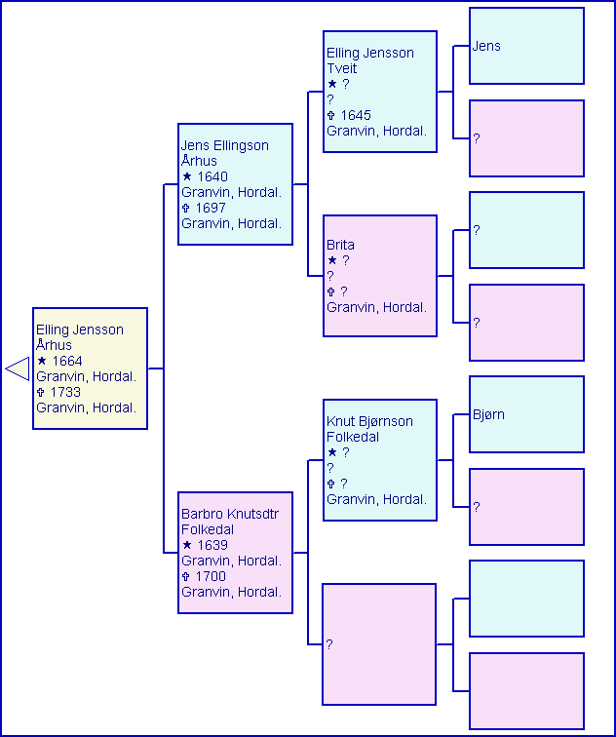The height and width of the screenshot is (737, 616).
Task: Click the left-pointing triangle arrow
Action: tap(18, 368)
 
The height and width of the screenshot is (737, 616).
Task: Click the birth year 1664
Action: tap(67, 362)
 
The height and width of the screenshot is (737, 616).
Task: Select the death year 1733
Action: tap(67, 393)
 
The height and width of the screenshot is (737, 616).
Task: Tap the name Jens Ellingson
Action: tap(224, 145)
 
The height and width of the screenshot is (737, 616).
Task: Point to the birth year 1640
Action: tap(212, 177)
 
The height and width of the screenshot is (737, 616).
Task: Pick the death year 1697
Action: tap(211, 209)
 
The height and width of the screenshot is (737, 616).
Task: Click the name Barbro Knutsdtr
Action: tap(228, 514)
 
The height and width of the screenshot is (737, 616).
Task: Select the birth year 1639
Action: tap(212, 546)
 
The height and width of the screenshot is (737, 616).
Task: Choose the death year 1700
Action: tap(211, 577)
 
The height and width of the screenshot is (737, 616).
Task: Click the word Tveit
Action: tap(342, 68)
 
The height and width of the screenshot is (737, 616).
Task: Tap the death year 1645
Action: tap(356, 116)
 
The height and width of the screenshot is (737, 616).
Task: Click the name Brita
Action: tap(341, 246)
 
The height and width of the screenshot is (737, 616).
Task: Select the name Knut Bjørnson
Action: tap(369, 422)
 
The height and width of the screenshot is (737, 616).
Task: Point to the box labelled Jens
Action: tap(526, 46)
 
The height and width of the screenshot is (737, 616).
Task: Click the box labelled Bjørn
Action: tap(526, 414)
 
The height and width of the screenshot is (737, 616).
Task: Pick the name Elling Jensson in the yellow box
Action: tap(80, 330)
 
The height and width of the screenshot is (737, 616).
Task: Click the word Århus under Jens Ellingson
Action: tap(199, 161)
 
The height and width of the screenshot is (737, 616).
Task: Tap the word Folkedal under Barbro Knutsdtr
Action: tap(208, 529)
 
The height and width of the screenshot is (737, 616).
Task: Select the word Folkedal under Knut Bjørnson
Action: tap(353, 438)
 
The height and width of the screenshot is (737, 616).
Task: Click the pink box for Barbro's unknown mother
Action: tap(379, 644)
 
